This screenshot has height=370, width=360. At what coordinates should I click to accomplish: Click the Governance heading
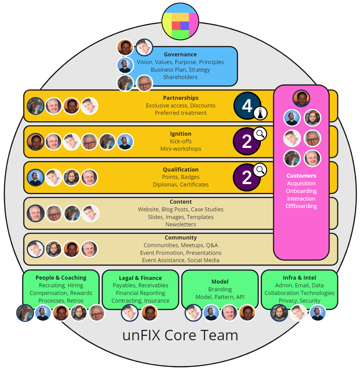click(x=180, y=55)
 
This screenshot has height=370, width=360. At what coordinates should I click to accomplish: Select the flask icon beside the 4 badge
click(x=260, y=113)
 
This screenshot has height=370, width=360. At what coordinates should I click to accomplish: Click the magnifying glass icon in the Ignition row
click(x=260, y=134)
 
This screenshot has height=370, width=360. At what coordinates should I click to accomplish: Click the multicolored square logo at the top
click(x=180, y=21)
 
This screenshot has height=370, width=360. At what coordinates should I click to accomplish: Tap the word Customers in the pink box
click(x=301, y=176)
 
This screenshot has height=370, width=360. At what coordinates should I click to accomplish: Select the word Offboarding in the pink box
click(x=301, y=206)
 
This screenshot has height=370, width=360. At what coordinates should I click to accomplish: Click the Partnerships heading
click(x=181, y=98)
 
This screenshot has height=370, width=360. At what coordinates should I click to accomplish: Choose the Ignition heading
click(x=181, y=134)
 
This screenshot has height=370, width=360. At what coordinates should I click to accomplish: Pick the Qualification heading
click(x=181, y=170)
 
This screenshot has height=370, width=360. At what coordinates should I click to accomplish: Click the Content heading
click(x=181, y=202)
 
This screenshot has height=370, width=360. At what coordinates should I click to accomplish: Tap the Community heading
click(x=181, y=238)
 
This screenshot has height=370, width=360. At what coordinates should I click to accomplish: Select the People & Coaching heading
click(x=61, y=278)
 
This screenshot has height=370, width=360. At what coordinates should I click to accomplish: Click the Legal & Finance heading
click(x=140, y=278)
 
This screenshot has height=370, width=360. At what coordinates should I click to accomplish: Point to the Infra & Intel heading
click(x=299, y=278)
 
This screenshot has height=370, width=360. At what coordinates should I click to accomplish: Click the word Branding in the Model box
click(x=220, y=289)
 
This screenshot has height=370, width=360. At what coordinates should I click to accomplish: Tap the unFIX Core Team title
click(x=180, y=335)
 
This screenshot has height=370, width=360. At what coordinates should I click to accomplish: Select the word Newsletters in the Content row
click(x=181, y=225)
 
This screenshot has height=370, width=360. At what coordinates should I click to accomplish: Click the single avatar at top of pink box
click(x=301, y=98)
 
